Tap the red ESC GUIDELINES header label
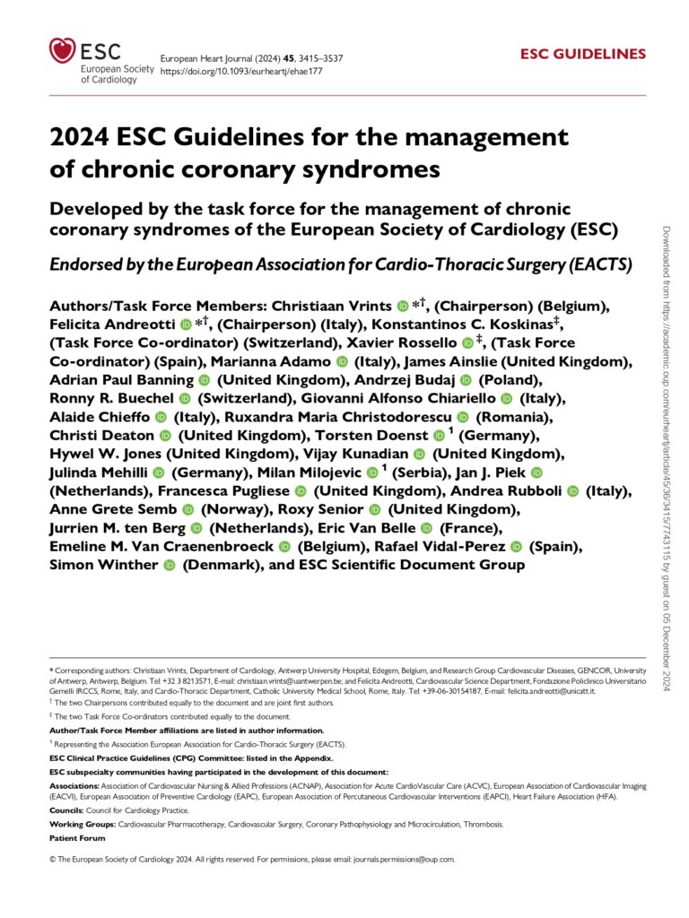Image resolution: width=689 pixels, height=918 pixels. (x=583, y=54)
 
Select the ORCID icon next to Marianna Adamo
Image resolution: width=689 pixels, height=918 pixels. (x=341, y=361)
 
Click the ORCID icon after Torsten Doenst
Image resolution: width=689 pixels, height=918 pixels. (x=438, y=436)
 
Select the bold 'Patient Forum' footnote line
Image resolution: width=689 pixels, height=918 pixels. (x=77, y=837)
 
